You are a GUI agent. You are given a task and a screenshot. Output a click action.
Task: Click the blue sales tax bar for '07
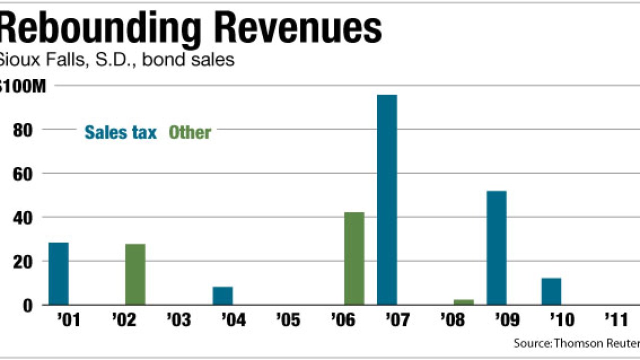[x=387, y=200]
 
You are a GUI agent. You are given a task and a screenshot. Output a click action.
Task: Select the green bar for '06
[x=354, y=258]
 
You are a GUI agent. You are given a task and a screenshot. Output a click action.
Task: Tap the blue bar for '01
[x=58, y=273]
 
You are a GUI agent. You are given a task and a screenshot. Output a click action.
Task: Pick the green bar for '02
[x=135, y=274]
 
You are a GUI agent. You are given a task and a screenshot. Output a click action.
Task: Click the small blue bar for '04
[x=222, y=295]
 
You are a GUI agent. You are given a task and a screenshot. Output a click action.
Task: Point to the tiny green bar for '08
[x=463, y=302]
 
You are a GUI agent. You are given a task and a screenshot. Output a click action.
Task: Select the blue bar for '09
[x=496, y=247]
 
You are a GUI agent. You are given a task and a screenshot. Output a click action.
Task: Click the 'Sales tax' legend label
[x=120, y=132]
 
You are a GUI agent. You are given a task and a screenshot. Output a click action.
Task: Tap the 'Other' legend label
[x=190, y=132]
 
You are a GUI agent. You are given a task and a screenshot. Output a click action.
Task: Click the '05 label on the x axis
[x=288, y=320]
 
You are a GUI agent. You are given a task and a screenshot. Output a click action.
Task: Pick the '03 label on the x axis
[x=178, y=320]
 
